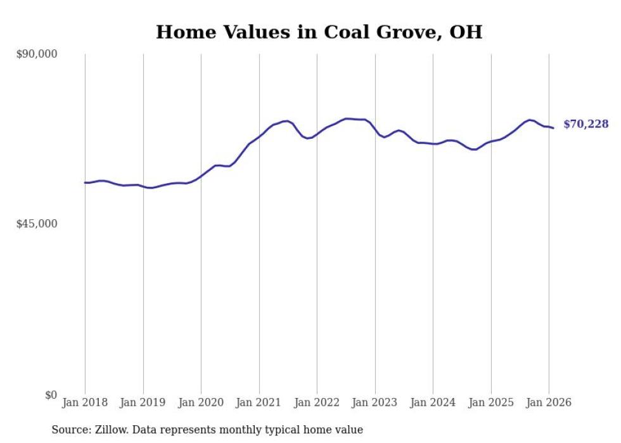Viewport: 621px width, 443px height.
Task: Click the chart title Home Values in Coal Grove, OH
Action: pos(319,32)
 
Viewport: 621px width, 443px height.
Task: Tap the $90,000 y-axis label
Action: pos(37,55)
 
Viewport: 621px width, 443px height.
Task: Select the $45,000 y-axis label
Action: pos(37,224)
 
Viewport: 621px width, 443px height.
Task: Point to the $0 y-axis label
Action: pos(51,395)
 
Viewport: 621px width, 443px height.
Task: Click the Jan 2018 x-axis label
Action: pos(85,402)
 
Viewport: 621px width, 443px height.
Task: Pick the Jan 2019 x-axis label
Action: pos(143,402)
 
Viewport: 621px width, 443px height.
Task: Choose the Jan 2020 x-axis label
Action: pos(201,402)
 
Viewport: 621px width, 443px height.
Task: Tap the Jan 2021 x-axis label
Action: pos(259,402)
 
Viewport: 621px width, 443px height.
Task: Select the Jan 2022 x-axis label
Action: pos(317,402)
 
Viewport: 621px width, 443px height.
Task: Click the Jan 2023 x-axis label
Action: pos(375,402)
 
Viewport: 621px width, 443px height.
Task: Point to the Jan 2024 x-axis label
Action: pos(433,402)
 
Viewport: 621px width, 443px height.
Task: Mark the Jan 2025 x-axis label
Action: pos(491,402)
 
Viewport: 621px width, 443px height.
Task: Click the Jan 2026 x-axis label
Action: pos(549,402)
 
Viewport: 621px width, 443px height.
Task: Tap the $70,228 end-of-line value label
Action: pos(586,124)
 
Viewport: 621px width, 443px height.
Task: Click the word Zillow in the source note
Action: pos(106,430)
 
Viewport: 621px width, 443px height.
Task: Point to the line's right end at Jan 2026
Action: pos(553,128)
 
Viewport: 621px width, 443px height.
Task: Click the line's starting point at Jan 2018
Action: pos(85,183)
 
